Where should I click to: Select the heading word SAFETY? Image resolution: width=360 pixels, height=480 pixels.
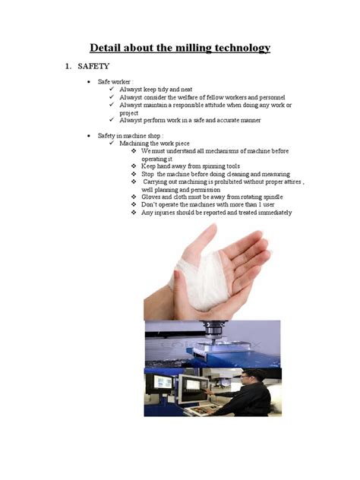94,67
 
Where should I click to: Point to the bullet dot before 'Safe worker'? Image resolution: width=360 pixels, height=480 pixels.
90,81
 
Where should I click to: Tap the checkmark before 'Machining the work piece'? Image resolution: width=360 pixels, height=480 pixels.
112,144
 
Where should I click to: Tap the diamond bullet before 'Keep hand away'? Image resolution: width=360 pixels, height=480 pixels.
134,166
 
